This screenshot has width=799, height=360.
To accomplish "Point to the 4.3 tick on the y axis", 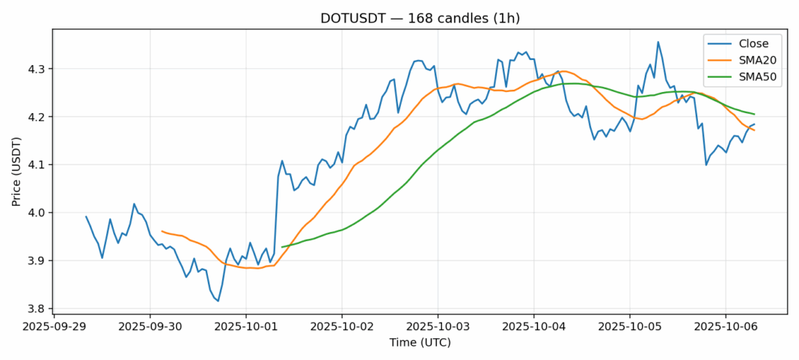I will click(x=36, y=69).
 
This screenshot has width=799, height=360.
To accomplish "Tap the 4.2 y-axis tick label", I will click(x=36, y=117).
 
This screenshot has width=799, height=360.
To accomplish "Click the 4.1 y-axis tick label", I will click(x=36, y=165).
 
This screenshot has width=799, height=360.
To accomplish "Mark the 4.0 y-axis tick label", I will click(x=36, y=213).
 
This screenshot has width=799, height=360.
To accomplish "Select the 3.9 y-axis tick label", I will click(x=36, y=260).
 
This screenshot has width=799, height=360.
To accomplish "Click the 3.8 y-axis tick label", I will click(x=36, y=308).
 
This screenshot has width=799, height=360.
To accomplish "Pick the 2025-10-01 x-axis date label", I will click(x=246, y=327).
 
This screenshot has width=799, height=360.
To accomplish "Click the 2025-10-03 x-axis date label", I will click(x=438, y=327).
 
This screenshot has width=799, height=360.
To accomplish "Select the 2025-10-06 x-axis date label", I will click(x=725, y=327).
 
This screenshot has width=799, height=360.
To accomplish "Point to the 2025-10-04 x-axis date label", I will click(x=533, y=327).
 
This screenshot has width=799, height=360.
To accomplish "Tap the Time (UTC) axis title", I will click(x=420, y=343).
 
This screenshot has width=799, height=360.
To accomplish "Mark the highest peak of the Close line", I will click(x=658, y=42).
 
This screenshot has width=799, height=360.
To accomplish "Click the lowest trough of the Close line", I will click(x=218, y=301).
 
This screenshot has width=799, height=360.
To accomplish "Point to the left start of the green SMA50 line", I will click(x=282, y=246).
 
